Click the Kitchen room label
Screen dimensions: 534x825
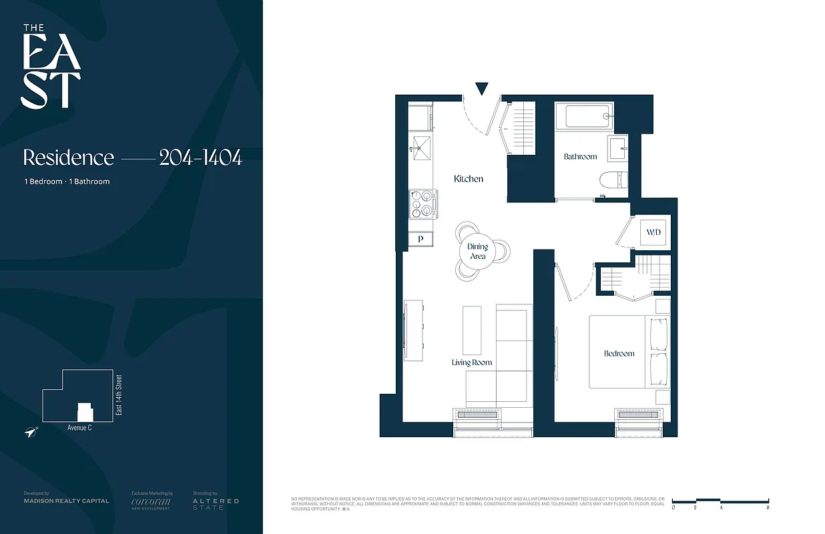point(468,179)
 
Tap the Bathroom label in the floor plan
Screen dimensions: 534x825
point(580,156)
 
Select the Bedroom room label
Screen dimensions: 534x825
point(619,353)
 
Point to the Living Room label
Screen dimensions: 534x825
point(471,362)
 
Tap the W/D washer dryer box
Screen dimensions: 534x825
point(653,233)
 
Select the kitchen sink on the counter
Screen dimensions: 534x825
point(421,148)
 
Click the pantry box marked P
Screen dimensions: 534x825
point(421,238)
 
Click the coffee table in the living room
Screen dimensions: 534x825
point(472,330)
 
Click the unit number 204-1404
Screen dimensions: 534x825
point(200,158)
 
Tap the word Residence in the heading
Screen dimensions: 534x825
point(69,158)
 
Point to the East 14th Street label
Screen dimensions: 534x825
point(119,396)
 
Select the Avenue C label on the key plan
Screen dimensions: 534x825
point(79,428)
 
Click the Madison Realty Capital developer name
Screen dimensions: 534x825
point(66,501)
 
